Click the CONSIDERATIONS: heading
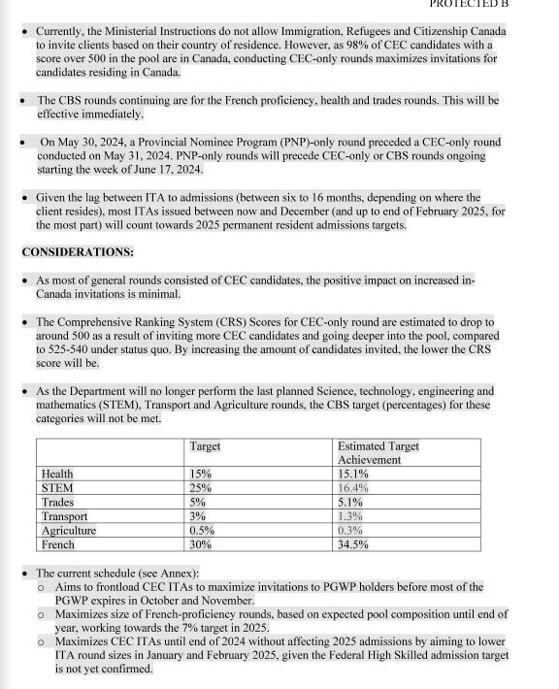point(78,251)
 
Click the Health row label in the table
point(58,474)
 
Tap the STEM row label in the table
point(57,488)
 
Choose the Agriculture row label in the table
point(69,531)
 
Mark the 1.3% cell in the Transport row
point(350,516)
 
